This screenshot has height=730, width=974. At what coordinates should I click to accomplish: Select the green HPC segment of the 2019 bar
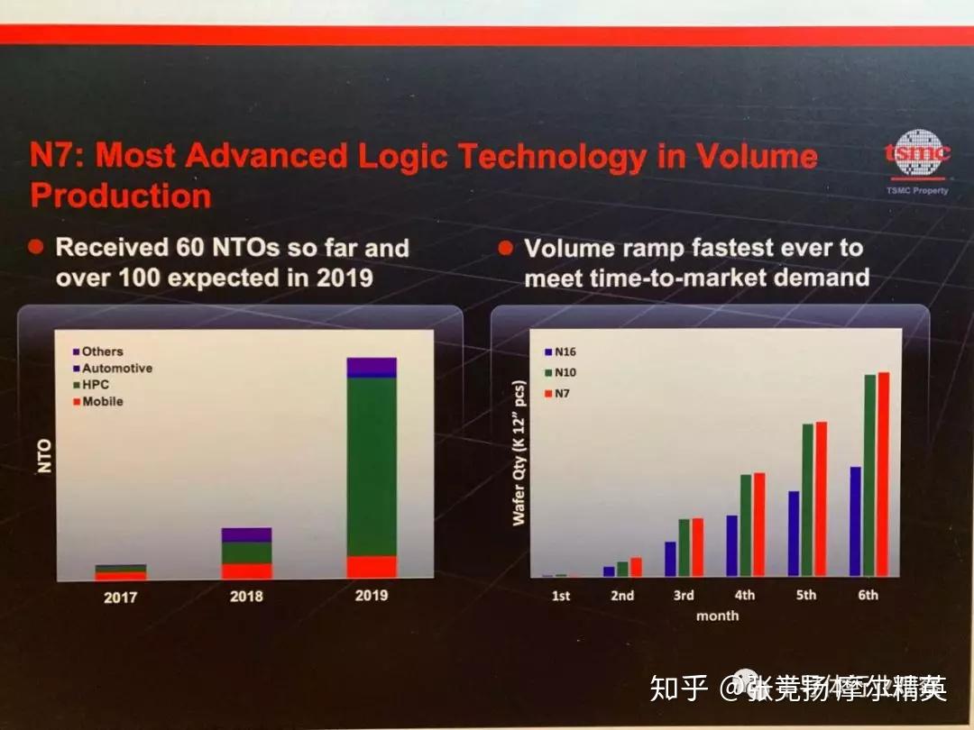pyautogui.click(x=372, y=466)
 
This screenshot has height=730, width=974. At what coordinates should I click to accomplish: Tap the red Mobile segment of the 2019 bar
pyautogui.click(x=372, y=566)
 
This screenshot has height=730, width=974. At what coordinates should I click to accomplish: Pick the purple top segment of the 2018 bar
pyautogui.click(x=246, y=534)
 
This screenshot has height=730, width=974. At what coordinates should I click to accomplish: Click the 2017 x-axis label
pyautogui.click(x=121, y=597)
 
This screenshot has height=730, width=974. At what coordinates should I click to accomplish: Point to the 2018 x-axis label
pyautogui.click(x=246, y=596)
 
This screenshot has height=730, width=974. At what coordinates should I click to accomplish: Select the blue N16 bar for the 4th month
pyautogui.click(x=731, y=545)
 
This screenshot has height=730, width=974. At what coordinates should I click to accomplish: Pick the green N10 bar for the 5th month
pyautogui.click(x=807, y=499)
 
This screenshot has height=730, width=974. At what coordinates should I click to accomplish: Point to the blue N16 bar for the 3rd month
pyautogui.click(x=670, y=558)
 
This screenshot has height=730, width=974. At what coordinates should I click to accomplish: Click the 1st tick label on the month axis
pyautogui.click(x=561, y=595)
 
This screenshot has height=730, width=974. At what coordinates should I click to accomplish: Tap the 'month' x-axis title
pyautogui.click(x=717, y=616)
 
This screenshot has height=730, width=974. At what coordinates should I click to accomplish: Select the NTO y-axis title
pyautogui.click(x=47, y=456)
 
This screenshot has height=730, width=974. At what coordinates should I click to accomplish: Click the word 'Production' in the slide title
pyautogui.click(x=121, y=196)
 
